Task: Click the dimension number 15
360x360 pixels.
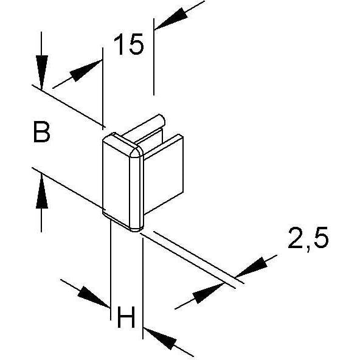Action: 128,44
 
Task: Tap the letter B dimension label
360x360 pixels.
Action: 41,132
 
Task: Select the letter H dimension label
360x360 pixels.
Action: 126,317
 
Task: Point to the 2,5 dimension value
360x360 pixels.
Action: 308,239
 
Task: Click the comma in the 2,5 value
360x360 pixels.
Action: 308,249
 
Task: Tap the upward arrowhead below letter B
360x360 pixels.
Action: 41,191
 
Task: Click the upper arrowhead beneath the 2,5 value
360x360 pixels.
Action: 252,267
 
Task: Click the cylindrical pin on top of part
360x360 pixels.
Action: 144,128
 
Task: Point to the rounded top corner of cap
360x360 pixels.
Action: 136,152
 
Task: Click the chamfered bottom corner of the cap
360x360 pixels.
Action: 136,228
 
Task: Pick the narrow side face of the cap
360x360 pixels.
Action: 136,190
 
